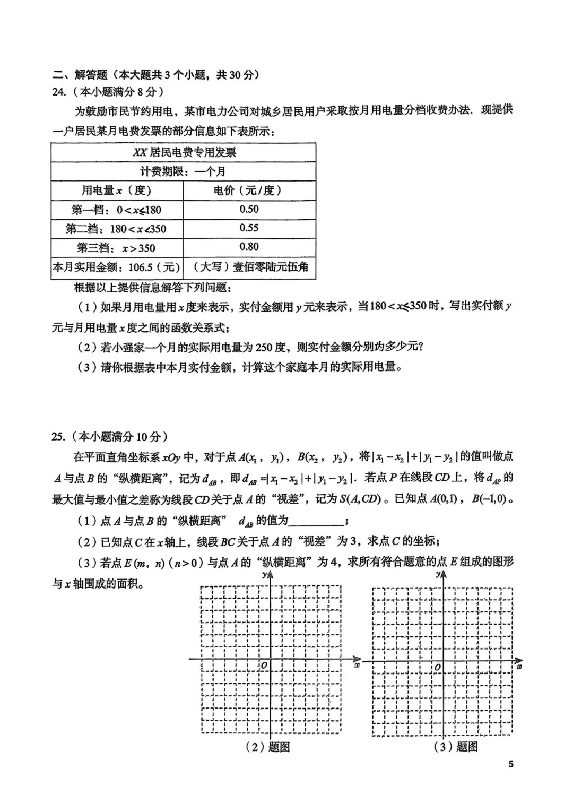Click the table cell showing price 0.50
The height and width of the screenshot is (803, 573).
[x=249, y=209]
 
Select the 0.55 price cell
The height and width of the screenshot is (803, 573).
[x=249, y=228]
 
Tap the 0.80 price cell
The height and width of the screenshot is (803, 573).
[x=249, y=247]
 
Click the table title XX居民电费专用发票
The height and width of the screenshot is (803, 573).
[x=184, y=153]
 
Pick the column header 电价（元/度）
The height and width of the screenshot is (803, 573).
[x=249, y=190]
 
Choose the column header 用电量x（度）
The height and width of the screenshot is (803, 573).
[x=117, y=190]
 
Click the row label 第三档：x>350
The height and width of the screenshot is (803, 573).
[x=117, y=248]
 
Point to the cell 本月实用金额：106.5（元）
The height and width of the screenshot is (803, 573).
[x=117, y=267]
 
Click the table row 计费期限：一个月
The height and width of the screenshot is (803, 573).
[x=184, y=171]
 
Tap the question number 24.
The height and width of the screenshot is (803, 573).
[x=58, y=92]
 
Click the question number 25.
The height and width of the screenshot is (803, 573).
[x=58, y=437]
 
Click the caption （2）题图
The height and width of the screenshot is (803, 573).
[x=267, y=747]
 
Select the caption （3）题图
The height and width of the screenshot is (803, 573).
[x=456, y=747]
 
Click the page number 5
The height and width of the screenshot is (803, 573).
[x=511, y=764]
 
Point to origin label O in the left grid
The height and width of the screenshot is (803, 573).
[x=264, y=666]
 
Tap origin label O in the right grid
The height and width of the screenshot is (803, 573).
[x=438, y=667]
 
